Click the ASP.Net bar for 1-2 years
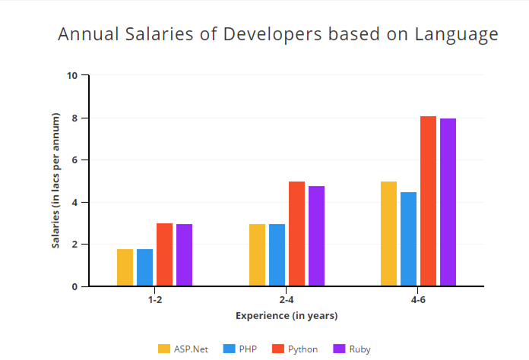[x=125, y=267]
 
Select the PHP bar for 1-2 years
[x=144, y=267]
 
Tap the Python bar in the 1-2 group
[x=165, y=254]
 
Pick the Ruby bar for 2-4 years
[x=316, y=236]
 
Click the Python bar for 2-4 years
[x=296, y=234]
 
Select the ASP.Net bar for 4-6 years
[x=388, y=234]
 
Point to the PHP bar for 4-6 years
[x=408, y=239]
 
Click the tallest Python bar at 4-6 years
[x=429, y=201]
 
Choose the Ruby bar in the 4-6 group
[x=448, y=203]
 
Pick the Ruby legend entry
[x=351, y=349]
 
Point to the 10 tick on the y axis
[x=72, y=76]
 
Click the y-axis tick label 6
[x=74, y=160]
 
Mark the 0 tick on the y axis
[x=74, y=287]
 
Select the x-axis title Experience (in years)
[x=287, y=315]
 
